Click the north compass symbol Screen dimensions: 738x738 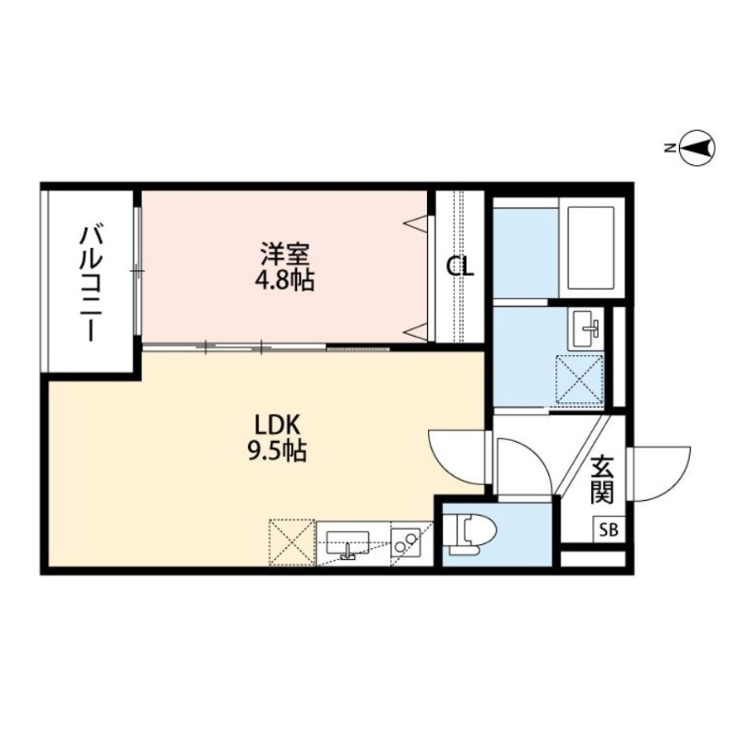coord(698,147)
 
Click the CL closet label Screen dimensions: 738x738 coord(460,268)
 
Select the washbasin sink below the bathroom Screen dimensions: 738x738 coord(585,327)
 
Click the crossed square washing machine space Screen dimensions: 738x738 coord(578,379)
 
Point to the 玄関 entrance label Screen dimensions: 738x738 coord(603,480)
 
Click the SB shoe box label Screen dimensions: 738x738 coord(608,530)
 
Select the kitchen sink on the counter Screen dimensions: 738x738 coord(348,541)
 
